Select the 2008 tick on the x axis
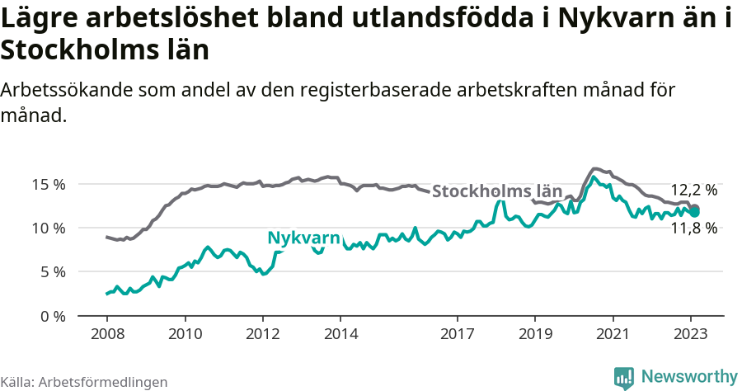(x=106, y=334)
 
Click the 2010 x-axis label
(x=185, y=334)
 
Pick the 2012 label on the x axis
(x=263, y=334)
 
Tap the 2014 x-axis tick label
(x=341, y=334)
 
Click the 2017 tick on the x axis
(x=458, y=334)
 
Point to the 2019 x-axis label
(x=536, y=334)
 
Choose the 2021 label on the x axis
(x=614, y=334)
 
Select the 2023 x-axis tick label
(x=692, y=334)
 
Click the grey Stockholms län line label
(x=497, y=192)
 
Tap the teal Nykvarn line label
(x=303, y=238)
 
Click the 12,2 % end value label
(x=693, y=190)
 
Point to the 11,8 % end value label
(x=693, y=228)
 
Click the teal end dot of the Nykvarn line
(x=695, y=212)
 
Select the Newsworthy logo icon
(x=625, y=377)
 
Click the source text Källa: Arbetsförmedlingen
(x=84, y=382)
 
